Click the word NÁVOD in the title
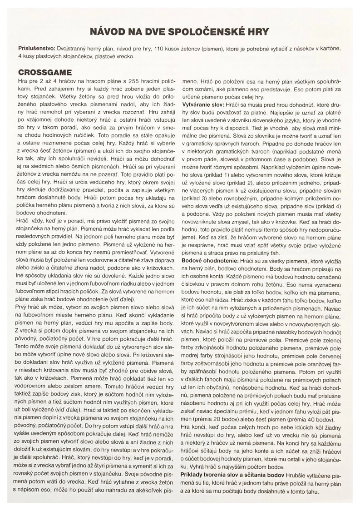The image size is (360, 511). tap(105, 32)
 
